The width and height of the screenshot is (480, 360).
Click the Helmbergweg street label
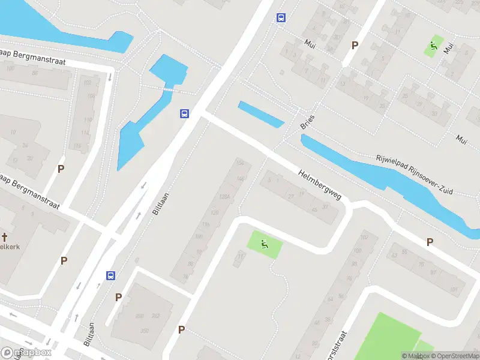click(x=319, y=184)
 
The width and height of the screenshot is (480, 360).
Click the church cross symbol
click(x=4, y=237)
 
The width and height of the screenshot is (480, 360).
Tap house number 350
click(x=144, y=331)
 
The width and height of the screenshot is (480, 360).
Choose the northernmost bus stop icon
click(x=280, y=17)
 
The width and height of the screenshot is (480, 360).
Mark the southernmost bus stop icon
click(x=111, y=275)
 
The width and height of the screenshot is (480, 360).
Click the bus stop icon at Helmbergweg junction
click(x=184, y=113)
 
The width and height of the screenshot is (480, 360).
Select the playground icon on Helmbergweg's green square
click(x=263, y=244)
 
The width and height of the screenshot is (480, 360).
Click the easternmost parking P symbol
click(x=430, y=242)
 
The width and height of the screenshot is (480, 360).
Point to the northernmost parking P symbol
click(x=355, y=45)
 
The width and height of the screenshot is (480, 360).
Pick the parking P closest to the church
click(x=64, y=260)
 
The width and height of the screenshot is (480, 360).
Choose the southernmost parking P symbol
click(x=181, y=329)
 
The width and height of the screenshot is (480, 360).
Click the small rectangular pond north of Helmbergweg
click(x=261, y=114)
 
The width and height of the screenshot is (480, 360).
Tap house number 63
click(x=395, y=255)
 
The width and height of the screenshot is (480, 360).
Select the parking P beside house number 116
click(x=61, y=169)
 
